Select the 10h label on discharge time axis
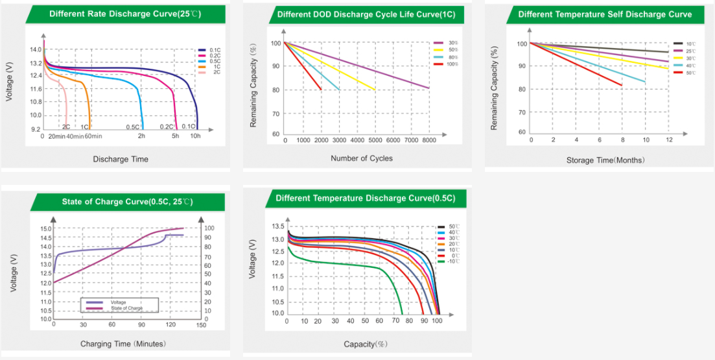click(195, 136)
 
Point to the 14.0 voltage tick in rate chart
click(36, 50)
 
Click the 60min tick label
click(94, 136)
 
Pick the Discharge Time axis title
click(121, 159)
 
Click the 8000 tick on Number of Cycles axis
click(428, 140)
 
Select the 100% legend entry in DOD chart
click(452, 64)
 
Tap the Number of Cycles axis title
click(362, 158)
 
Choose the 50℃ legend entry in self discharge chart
click(690, 73)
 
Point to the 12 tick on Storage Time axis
click(668, 140)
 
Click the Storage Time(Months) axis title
click(605, 160)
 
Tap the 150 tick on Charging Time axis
click(201, 325)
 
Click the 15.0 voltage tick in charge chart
click(46, 229)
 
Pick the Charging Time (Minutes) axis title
click(123, 343)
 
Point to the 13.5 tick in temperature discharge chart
click(277, 226)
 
